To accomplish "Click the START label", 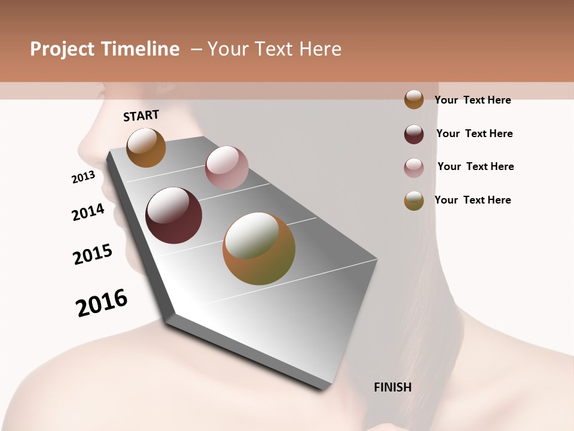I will pyautogui.click(x=141, y=116).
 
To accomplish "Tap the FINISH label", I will pyautogui.click(x=392, y=387).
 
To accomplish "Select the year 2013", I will pyautogui.click(x=83, y=177).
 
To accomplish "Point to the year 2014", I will pyautogui.click(x=88, y=212).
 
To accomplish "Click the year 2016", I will pyautogui.click(x=102, y=303).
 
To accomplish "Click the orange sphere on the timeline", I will pyautogui.click(x=146, y=147).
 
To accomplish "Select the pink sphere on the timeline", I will pyautogui.click(x=227, y=168).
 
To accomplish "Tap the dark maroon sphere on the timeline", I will pyautogui.click(x=174, y=215).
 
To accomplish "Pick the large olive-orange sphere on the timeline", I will pyautogui.click(x=259, y=248).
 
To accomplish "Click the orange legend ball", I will pyautogui.click(x=414, y=100).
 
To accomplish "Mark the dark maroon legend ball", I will pyautogui.click(x=414, y=133).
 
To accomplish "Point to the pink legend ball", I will pyautogui.click(x=414, y=167).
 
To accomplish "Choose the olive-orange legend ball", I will pyautogui.click(x=414, y=201).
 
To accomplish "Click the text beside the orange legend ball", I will pyautogui.click(x=472, y=100).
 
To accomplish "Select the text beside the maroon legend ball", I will pyautogui.click(x=474, y=133).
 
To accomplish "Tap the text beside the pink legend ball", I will pyautogui.click(x=475, y=166).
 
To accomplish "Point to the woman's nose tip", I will pyautogui.click(x=81, y=147).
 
